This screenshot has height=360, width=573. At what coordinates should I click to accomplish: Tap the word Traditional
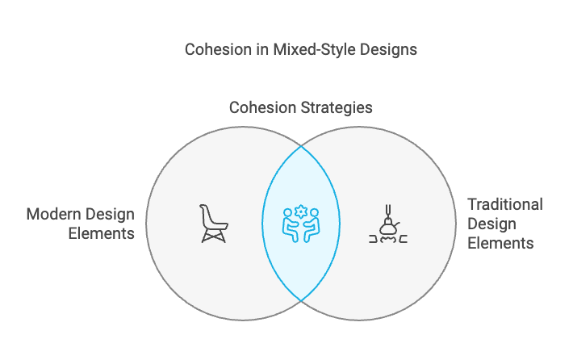505,204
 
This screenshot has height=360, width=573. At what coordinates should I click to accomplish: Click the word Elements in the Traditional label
501,242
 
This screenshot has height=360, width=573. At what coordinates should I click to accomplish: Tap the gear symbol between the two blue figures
301,211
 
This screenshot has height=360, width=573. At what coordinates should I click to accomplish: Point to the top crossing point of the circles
302,146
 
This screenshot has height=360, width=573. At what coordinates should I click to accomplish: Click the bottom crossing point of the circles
302,301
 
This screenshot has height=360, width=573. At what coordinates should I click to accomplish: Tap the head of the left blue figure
288,214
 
